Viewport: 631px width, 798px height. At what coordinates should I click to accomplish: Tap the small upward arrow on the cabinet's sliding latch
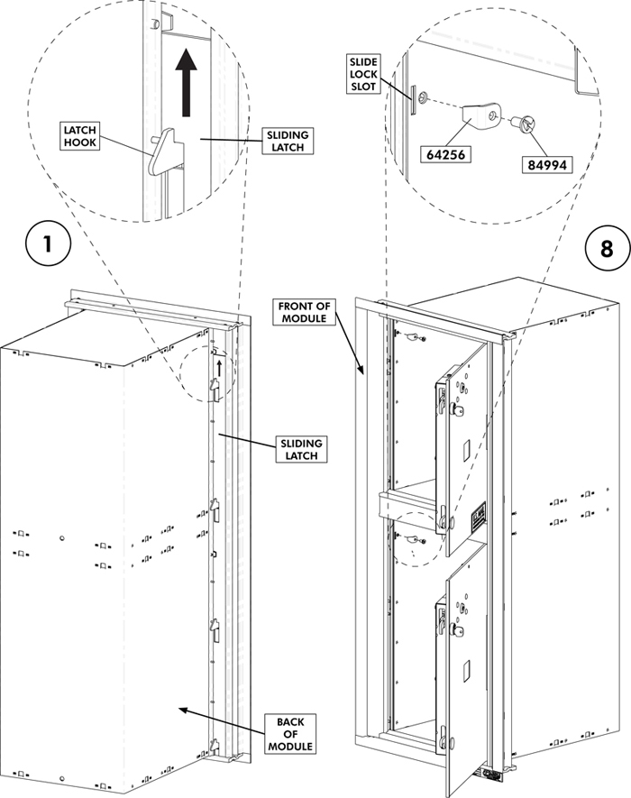(x=217, y=365)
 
